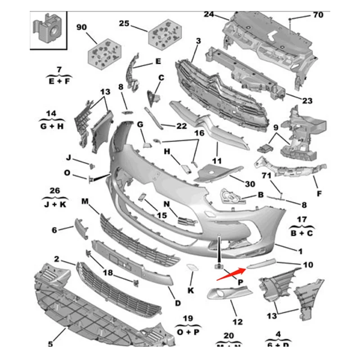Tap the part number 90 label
coord(81,27)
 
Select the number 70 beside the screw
coord(318,15)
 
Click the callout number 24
coord(208,14)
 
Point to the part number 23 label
coord(307,101)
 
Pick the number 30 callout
coord(250,184)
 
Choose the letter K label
coord(191,290)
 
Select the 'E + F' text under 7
coord(58,82)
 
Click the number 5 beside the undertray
coord(50,344)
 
